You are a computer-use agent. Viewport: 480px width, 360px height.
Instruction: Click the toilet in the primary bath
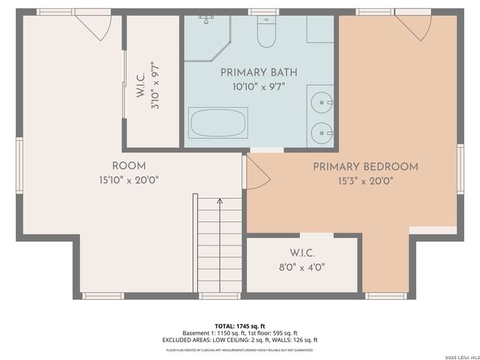coord(266,31)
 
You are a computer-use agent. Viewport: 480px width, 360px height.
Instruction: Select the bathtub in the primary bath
coord(217,123)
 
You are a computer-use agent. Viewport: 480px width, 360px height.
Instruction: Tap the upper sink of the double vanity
coord(322,100)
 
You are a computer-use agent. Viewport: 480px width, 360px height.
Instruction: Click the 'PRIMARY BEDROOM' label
coord(365,166)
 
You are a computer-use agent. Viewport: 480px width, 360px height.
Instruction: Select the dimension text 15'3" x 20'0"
coord(365,180)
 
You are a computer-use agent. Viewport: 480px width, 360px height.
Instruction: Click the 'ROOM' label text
coord(129,166)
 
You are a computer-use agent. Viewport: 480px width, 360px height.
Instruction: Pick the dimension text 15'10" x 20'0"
coord(129,180)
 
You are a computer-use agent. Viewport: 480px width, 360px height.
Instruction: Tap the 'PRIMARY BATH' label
coord(259,73)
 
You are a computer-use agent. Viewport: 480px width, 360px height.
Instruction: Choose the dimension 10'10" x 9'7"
coord(259,86)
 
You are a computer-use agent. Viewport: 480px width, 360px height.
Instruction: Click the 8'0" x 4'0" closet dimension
coord(301,266)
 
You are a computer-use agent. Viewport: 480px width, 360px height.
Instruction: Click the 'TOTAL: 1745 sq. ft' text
coord(239,326)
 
